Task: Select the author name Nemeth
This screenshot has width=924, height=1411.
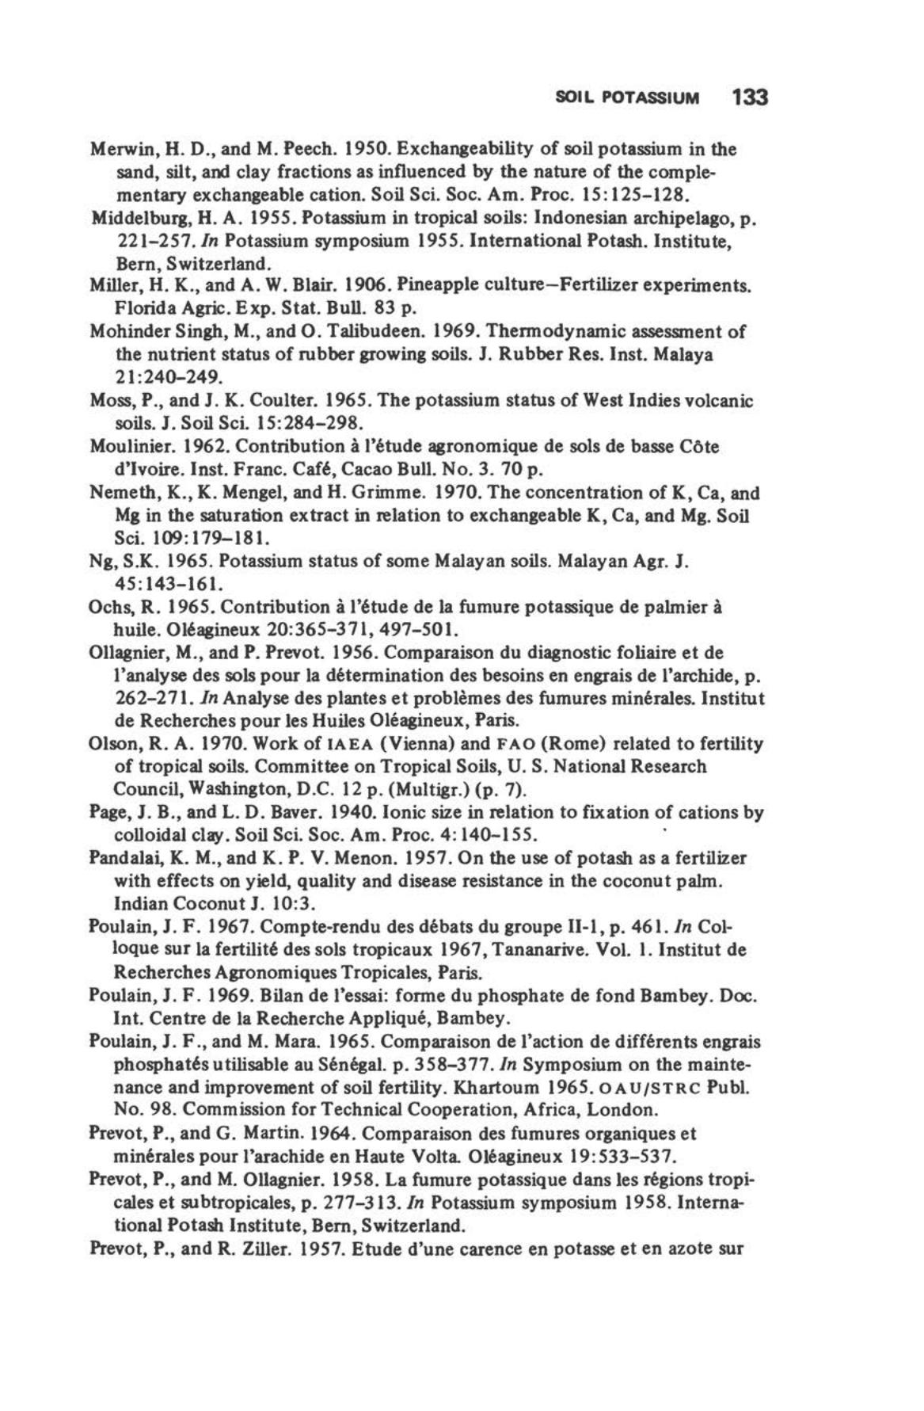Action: (x=119, y=493)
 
